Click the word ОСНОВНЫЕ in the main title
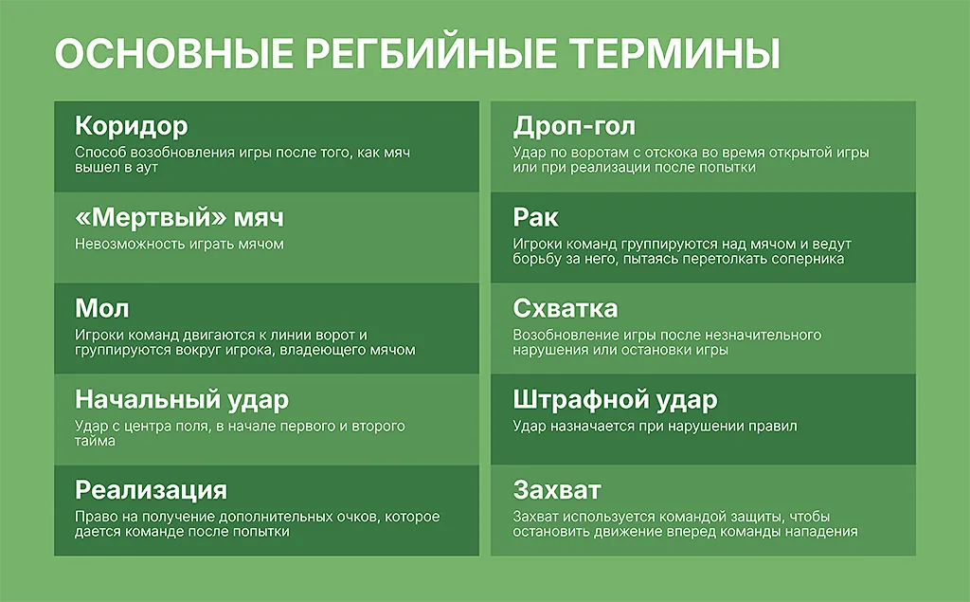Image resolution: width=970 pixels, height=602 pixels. pyautogui.click(x=172, y=54)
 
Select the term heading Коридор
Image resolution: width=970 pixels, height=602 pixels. pyautogui.click(x=131, y=126)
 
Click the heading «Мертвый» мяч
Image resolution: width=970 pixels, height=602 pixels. pyautogui.click(x=179, y=218)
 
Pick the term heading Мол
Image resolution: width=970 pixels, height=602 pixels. pyautogui.click(x=101, y=309)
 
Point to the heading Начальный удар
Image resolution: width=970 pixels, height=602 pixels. pyautogui.click(x=181, y=399)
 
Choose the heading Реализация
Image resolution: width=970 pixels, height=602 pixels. pyautogui.click(x=151, y=490)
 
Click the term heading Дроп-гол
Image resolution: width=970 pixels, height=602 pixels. pyautogui.click(x=574, y=126)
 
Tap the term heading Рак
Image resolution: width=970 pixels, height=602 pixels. pyautogui.click(x=535, y=218)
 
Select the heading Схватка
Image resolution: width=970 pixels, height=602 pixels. pyautogui.click(x=565, y=309)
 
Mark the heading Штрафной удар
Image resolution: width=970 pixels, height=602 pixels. pyautogui.click(x=615, y=399)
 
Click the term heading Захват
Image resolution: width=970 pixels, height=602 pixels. pyautogui.click(x=557, y=490)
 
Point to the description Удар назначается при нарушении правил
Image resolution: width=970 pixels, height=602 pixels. pyautogui.click(x=655, y=426)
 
